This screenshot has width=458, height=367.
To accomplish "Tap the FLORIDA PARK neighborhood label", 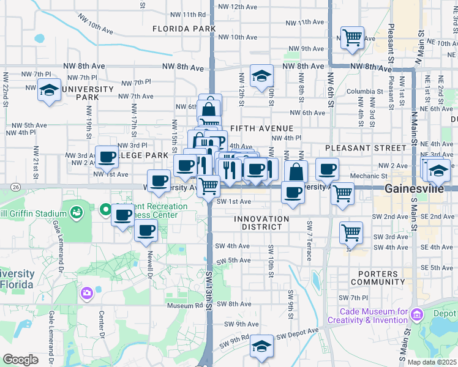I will tap(184, 29).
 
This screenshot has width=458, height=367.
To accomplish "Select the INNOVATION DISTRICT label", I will tap(261, 223).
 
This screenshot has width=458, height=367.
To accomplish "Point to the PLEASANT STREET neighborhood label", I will tap(366, 148).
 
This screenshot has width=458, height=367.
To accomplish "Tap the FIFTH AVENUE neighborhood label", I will tap(261, 128).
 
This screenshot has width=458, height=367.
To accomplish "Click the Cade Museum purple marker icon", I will tap(417, 314).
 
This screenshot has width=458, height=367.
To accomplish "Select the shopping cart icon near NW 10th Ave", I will tap(352, 37).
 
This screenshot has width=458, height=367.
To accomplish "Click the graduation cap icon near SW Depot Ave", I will tap(261, 346).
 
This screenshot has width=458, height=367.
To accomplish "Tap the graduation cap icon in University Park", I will tap(48, 90).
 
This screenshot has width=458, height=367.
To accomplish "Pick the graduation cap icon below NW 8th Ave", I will tap(261, 76).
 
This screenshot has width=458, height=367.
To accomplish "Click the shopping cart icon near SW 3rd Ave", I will tap(351, 232).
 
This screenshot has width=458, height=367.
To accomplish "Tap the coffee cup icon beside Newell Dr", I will tap(146, 231).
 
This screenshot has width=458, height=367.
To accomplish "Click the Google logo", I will tap(21, 359).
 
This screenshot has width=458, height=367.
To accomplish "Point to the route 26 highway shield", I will tap(15, 187).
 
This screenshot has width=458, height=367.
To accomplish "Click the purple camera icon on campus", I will tap(86, 294).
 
